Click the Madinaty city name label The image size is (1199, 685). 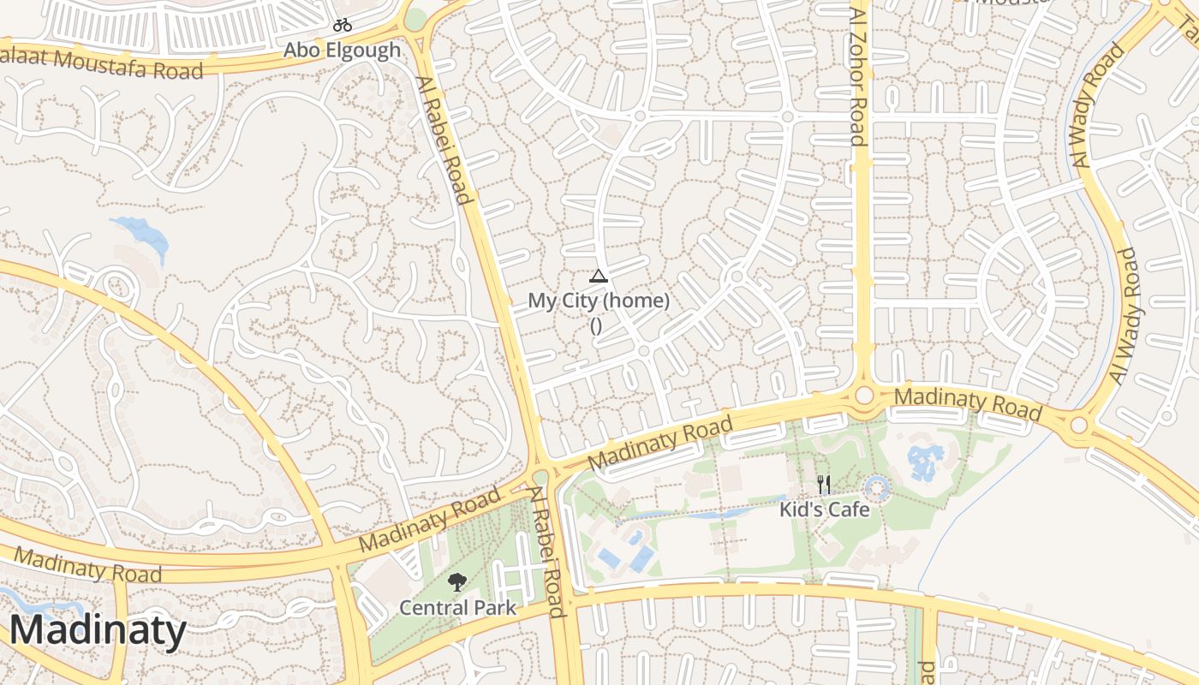pos(98,631)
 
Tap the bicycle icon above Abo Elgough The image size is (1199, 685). pos(343,25)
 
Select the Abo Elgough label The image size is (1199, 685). pos(342,51)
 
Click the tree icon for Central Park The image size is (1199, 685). pos(457,583)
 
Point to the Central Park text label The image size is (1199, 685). pos(457,608)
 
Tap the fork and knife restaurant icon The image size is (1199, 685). pos(824,485)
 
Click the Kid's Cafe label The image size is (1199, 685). pos(824,509)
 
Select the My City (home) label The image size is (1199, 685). pos(598,301)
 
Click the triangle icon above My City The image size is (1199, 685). pos(598,276)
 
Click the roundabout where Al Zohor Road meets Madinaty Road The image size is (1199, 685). pos(864,395)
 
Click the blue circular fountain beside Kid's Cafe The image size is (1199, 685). pos(877,490)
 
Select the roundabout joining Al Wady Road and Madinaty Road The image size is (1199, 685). pos(1078,425)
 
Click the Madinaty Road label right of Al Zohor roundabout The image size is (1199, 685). pos(968,405)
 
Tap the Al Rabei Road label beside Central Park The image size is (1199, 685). pos(547,551)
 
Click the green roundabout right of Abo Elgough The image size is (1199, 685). pos(415,19)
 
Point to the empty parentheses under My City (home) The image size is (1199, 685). pos(596,325)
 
